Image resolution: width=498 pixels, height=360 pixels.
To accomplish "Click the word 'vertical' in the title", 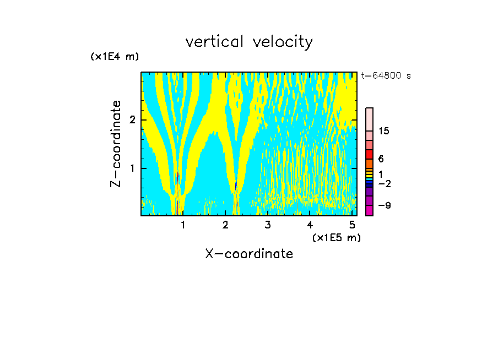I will coord(216,42).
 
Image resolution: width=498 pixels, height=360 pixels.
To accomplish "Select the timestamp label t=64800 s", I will coord(386,76).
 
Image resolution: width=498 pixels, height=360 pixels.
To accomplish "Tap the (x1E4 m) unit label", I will coord(115,57).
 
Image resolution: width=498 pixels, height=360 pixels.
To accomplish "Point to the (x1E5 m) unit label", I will coord(336,237).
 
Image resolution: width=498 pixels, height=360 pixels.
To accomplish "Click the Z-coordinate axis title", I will coord(116,144).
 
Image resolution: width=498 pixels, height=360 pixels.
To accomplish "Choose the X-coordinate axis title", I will coord(249,254).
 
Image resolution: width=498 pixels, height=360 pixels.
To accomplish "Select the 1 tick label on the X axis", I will coord(183,225).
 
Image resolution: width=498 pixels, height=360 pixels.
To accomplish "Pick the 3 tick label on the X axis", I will coord(268,225).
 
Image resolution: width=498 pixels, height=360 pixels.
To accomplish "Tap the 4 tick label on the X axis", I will coord(310,225).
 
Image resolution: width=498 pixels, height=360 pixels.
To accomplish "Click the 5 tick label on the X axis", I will coord(352,225).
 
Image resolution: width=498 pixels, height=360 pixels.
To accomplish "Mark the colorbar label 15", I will coord(384,132).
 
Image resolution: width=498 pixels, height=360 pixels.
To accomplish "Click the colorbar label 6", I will coord(381,159).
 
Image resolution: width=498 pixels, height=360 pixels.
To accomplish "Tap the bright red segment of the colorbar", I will coord(369,155).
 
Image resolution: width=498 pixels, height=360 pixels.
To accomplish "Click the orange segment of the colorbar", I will coord(369,163).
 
